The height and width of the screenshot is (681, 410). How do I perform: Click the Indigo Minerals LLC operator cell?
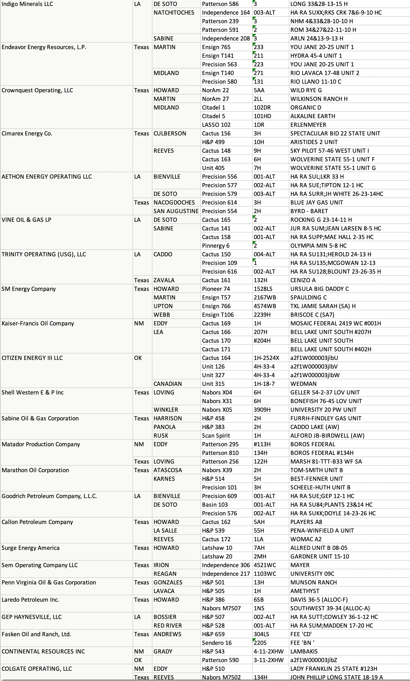[x=27, y=4]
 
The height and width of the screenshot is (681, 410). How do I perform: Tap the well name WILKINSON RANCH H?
[x=319, y=99]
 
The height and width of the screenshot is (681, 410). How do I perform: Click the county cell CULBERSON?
[x=170, y=134]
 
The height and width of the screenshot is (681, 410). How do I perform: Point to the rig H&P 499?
[x=213, y=142]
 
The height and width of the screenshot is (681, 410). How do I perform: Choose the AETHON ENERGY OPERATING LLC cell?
[x=47, y=177]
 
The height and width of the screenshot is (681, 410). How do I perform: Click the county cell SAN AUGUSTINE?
[x=176, y=211]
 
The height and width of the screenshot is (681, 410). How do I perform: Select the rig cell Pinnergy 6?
[x=216, y=246]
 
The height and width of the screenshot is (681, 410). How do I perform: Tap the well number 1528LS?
[x=263, y=289]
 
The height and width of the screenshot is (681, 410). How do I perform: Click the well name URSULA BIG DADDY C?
[x=319, y=289]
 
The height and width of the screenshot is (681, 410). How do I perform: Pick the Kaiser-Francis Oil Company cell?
[x=38, y=323]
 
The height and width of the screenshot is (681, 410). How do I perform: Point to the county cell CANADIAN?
[x=168, y=384]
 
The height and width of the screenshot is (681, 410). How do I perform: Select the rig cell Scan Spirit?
[x=216, y=435]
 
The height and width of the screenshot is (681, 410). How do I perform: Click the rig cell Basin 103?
[x=215, y=505]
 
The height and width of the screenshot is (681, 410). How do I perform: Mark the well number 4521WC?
[x=265, y=565]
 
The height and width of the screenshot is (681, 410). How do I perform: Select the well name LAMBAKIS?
[x=304, y=651]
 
